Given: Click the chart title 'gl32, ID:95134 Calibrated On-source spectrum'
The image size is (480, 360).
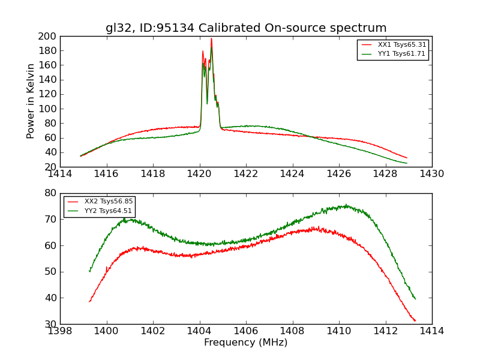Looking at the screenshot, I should pyautogui.click(x=246, y=28).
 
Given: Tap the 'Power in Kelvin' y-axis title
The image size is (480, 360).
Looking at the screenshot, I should pyautogui.click(x=31, y=101).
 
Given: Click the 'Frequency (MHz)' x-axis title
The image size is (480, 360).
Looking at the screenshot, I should pyautogui.click(x=246, y=343).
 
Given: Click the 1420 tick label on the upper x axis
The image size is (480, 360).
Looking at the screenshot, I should pyautogui.click(x=199, y=174).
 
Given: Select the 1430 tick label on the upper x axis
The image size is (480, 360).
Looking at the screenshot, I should pyautogui.click(x=431, y=174).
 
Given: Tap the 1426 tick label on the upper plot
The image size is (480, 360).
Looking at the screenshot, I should pyautogui.click(x=338, y=174).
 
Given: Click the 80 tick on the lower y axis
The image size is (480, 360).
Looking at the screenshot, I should pyautogui.click(x=51, y=193).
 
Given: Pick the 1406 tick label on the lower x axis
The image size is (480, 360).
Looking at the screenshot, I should pyautogui.click(x=246, y=331).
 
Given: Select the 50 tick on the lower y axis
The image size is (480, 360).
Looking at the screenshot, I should pyautogui.click(x=51, y=272).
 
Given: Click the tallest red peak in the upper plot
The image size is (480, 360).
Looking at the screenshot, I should pyautogui.click(x=211, y=39).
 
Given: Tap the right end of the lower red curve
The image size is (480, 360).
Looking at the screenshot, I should pyautogui.click(x=415, y=321).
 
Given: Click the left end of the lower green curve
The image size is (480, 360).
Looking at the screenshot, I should pyautogui.click(x=89, y=271).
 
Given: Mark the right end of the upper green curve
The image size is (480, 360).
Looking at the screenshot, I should pyautogui.click(x=407, y=163).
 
